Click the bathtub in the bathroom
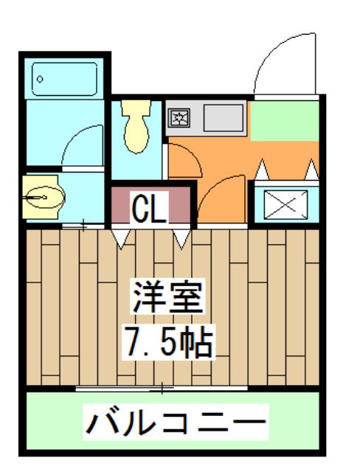(x=65, y=79)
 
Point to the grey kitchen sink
(x=221, y=117)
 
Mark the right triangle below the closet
(x=181, y=237)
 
